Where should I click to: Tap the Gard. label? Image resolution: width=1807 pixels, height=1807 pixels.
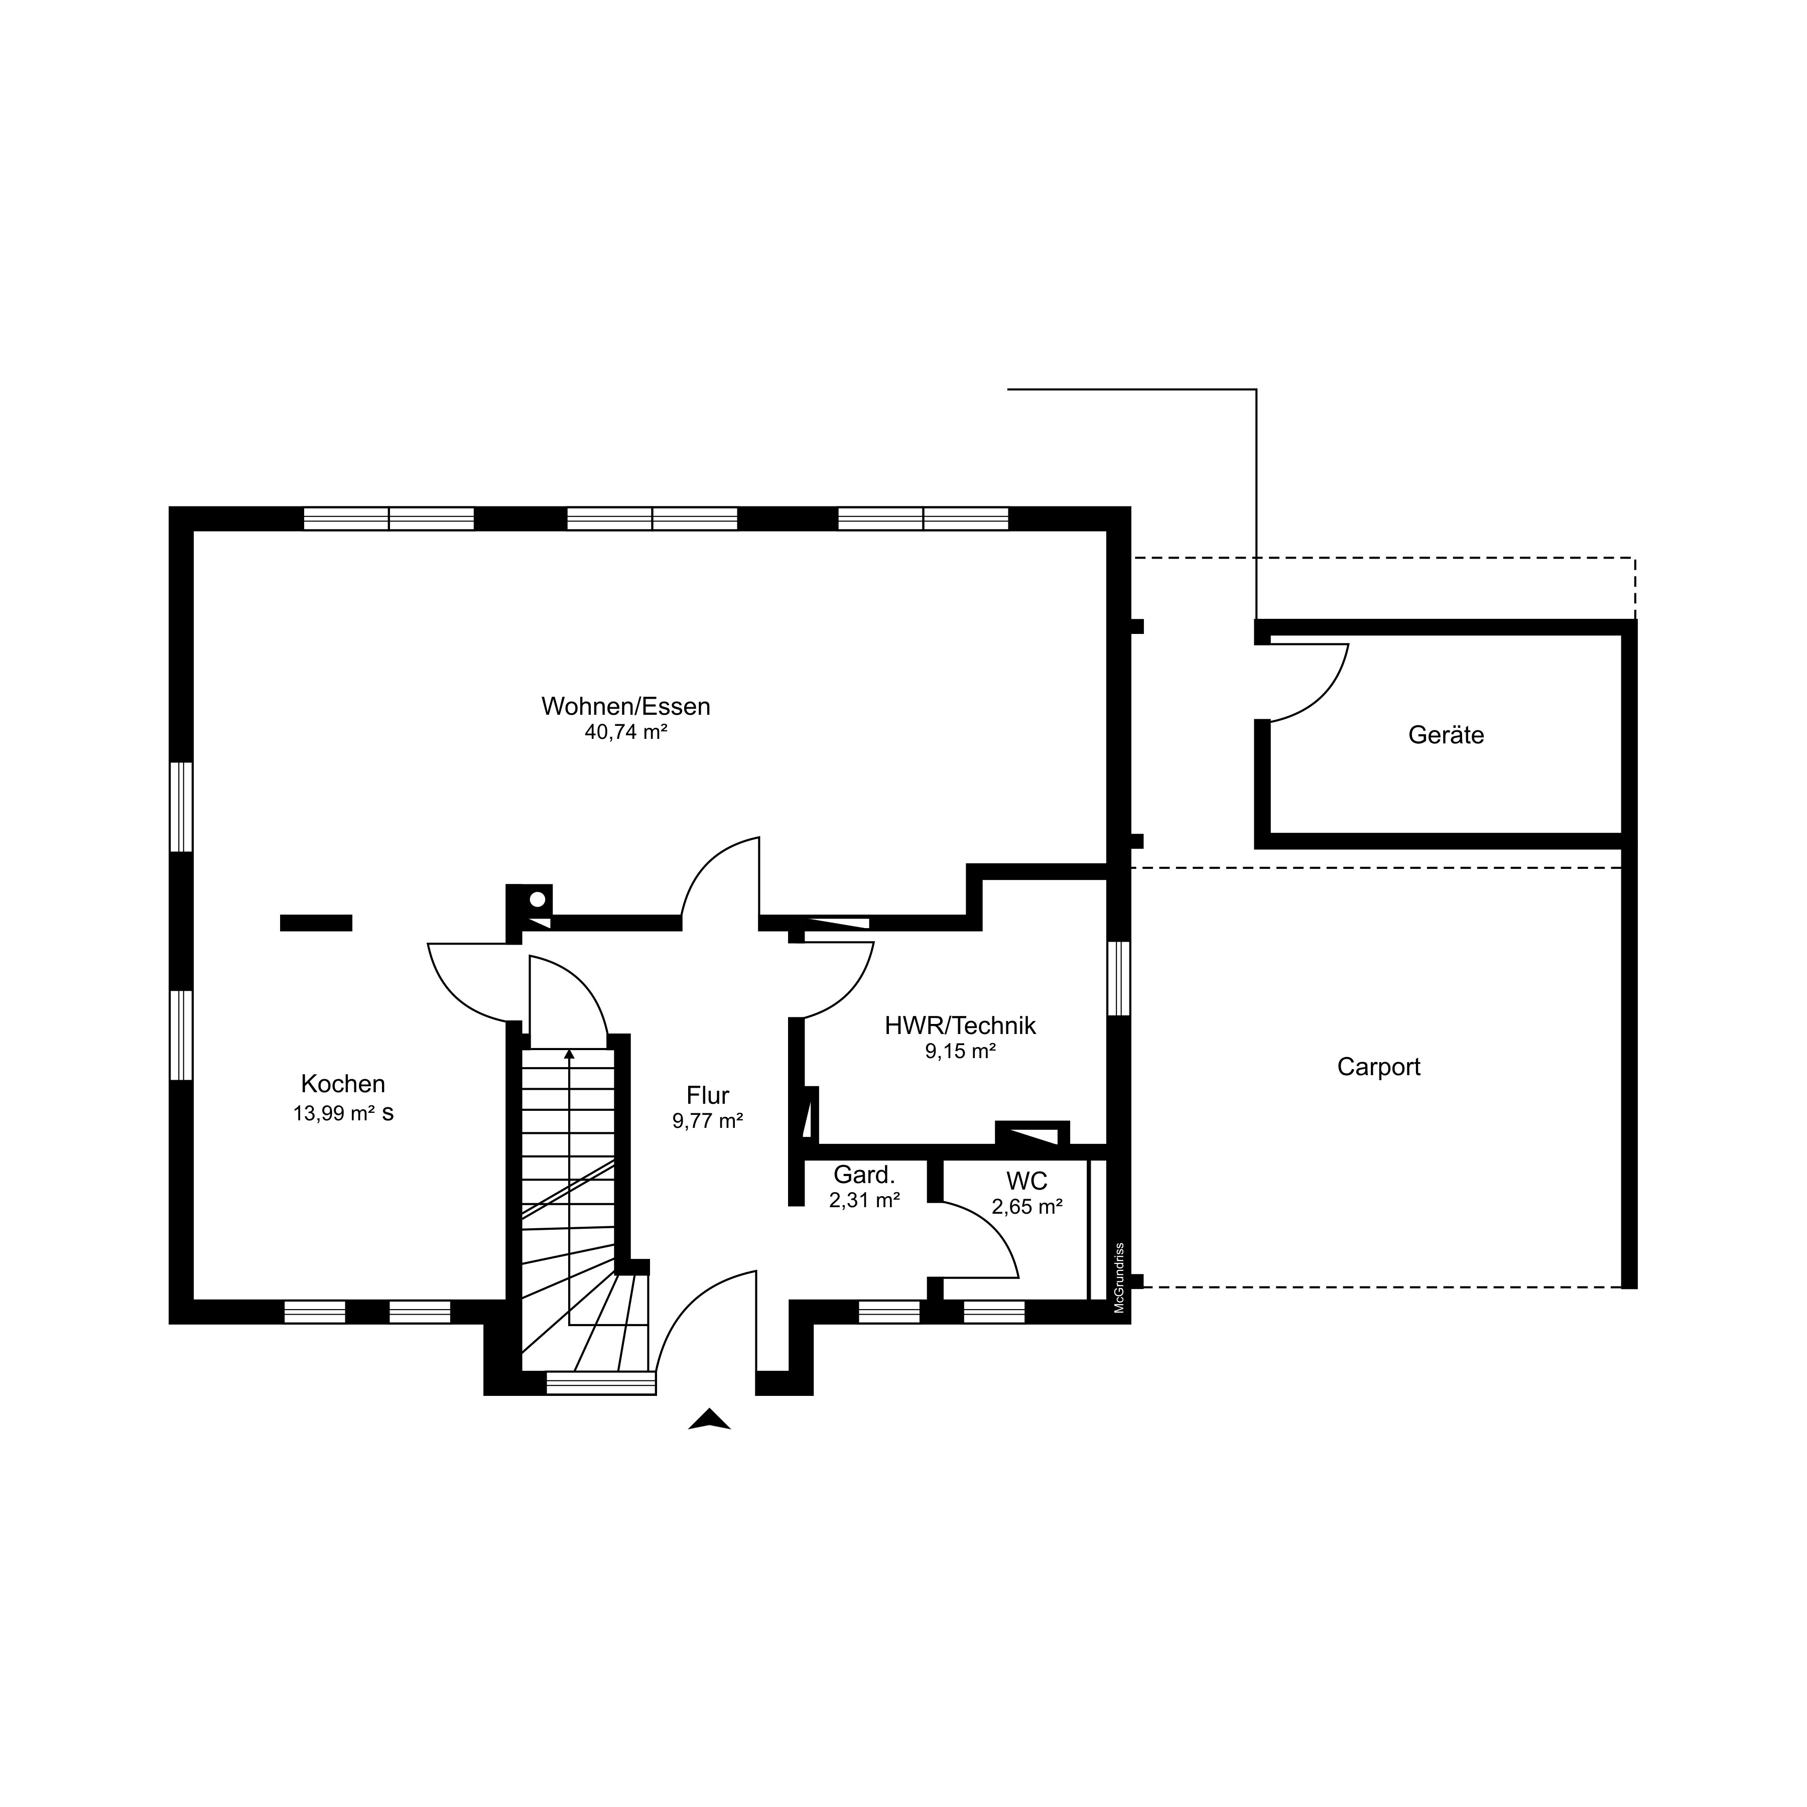coord(864,1175)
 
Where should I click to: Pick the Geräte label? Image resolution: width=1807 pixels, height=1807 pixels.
coord(1446,735)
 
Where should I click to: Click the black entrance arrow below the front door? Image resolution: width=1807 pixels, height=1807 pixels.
coord(709,1419)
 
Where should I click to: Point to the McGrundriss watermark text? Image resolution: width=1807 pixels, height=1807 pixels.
coord(1119,1277)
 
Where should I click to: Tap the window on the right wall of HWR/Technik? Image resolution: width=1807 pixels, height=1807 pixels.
coord(1119,978)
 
